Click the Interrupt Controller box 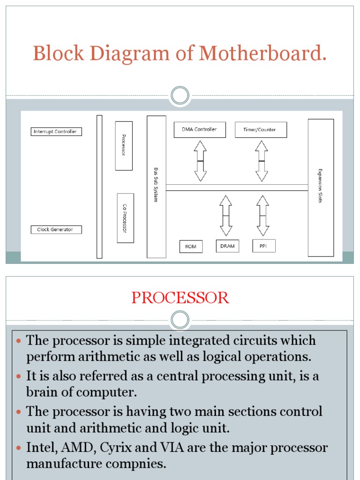click(56, 132)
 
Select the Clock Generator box click(56, 230)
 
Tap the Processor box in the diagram click(124, 146)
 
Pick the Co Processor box click(125, 218)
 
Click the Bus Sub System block click(156, 187)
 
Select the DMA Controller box click(199, 129)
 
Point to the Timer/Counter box click(261, 130)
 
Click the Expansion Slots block click(321, 187)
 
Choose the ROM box click(191, 246)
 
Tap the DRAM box click(227, 246)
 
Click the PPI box click(264, 246)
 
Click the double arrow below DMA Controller click(201, 161)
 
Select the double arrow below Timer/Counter click(262, 161)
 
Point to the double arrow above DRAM click(225, 216)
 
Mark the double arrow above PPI click(263, 216)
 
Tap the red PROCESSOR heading click(180, 298)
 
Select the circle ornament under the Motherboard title click(180, 96)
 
